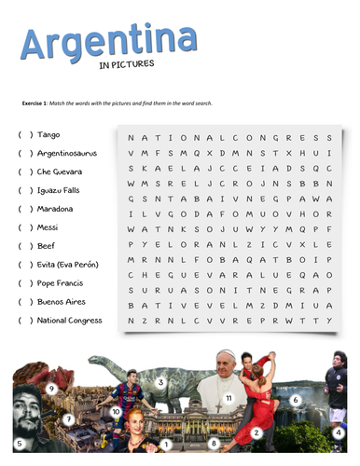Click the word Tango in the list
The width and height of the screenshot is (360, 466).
(48, 135)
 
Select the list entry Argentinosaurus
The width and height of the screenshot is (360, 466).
(66, 154)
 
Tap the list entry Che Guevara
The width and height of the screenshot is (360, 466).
(59, 172)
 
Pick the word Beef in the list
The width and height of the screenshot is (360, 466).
(47, 246)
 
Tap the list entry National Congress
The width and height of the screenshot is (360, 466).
(69, 321)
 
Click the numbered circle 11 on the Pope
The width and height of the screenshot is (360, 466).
(228, 398)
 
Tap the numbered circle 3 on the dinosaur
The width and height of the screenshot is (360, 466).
(160, 381)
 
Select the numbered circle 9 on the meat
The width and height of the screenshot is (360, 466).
(51, 388)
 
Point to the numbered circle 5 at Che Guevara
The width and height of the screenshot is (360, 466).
(19, 444)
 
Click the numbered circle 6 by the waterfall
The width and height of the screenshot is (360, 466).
(295, 400)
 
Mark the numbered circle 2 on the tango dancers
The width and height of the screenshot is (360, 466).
(256, 433)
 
